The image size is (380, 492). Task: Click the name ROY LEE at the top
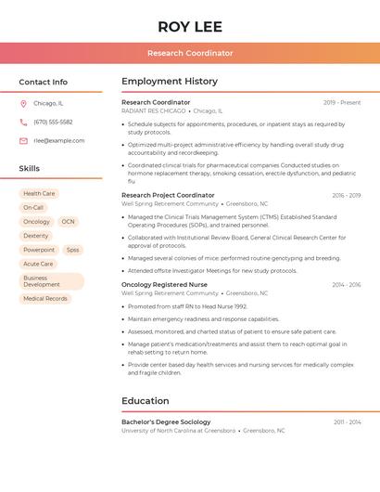[x=190, y=26]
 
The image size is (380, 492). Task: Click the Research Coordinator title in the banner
[x=190, y=54]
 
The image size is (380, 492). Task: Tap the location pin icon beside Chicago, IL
[x=23, y=103]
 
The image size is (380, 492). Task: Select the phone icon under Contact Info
[x=23, y=122]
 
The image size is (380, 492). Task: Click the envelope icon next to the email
[x=23, y=141]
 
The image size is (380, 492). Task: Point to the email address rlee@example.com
[x=59, y=141]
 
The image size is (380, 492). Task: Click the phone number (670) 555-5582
[x=53, y=122]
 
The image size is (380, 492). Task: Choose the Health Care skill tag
[x=39, y=194]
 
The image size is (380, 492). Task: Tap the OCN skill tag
[x=68, y=222]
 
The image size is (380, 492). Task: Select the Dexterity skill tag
[x=36, y=236]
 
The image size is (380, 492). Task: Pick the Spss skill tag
[x=72, y=250]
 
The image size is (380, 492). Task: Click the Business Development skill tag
[x=52, y=281]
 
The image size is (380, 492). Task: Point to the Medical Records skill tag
[x=45, y=299]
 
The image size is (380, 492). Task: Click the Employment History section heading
[x=170, y=82]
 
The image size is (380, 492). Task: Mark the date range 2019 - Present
[x=342, y=102]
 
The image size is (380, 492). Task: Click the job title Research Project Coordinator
[x=168, y=195]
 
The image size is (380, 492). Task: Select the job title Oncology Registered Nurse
[x=164, y=284]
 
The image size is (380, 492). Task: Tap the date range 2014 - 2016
[x=347, y=284]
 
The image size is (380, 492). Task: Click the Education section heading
[x=146, y=401]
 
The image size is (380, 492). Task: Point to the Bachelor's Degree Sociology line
[x=166, y=421]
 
